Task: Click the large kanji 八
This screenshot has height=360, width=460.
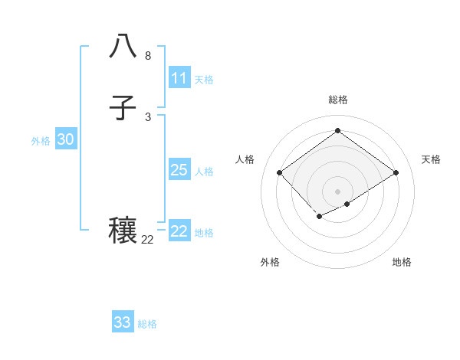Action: [x=123, y=46]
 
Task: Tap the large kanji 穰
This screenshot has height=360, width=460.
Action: [x=123, y=231]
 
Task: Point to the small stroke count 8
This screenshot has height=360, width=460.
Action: [x=147, y=56]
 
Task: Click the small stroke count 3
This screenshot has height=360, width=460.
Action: [x=147, y=116]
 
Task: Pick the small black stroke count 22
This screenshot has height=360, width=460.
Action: [x=147, y=240]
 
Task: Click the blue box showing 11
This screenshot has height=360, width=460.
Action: [x=179, y=78]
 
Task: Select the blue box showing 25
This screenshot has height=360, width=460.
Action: [x=179, y=170]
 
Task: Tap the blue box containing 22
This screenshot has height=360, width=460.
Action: [x=179, y=231]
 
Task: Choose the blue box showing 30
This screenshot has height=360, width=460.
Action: [x=66, y=139]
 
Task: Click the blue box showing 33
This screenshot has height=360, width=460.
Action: [x=123, y=322]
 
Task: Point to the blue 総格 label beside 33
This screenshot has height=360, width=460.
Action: [x=147, y=324]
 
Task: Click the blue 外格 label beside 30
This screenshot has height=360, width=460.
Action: [x=41, y=141]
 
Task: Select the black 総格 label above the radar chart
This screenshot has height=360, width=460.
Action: [x=337, y=100]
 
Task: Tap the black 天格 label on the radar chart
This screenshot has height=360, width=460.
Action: [x=431, y=159]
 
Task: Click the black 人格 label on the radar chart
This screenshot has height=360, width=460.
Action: [x=245, y=159]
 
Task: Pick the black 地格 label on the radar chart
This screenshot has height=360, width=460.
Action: [x=402, y=262]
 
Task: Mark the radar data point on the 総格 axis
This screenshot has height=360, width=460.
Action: [x=337, y=131]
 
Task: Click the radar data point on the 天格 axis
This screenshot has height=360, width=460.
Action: [x=396, y=173]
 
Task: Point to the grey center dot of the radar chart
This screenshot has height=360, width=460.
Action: [x=337, y=191]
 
